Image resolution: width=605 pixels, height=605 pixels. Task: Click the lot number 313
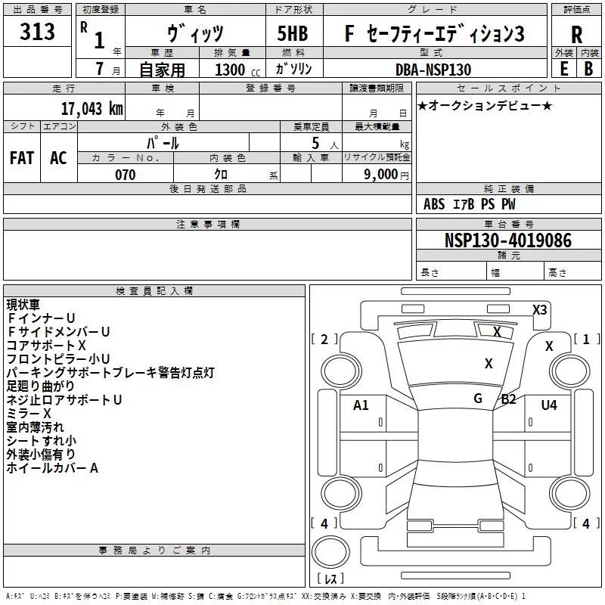(x=38, y=33)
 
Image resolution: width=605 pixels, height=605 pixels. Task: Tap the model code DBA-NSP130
(x=433, y=70)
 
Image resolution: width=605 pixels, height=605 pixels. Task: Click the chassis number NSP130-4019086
(x=508, y=240)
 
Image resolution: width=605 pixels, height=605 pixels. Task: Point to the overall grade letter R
(x=577, y=36)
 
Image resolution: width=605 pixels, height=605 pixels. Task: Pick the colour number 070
(x=125, y=175)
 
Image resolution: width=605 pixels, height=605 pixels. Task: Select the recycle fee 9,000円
(x=385, y=175)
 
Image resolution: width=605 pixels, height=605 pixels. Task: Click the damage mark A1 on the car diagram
(x=361, y=405)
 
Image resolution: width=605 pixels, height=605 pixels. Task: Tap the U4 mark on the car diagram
(x=549, y=405)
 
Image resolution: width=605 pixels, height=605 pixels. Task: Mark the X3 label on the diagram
(x=540, y=309)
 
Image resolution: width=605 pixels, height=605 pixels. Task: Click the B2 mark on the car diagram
(x=508, y=399)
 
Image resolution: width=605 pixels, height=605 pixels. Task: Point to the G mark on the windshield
(x=478, y=399)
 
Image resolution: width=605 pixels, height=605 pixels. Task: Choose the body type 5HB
(x=292, y=34)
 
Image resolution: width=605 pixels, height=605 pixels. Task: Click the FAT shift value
(x=22, y=158)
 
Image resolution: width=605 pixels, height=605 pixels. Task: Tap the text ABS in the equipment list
(x=434, y=204)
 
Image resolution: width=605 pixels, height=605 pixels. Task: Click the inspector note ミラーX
(x=29, y=414)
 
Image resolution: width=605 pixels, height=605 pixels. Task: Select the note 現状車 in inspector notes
(x=23, y=305)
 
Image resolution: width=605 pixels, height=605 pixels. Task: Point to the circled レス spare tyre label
(x=330, y=579)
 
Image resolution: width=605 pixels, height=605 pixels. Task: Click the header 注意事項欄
(x=208, y=225)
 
